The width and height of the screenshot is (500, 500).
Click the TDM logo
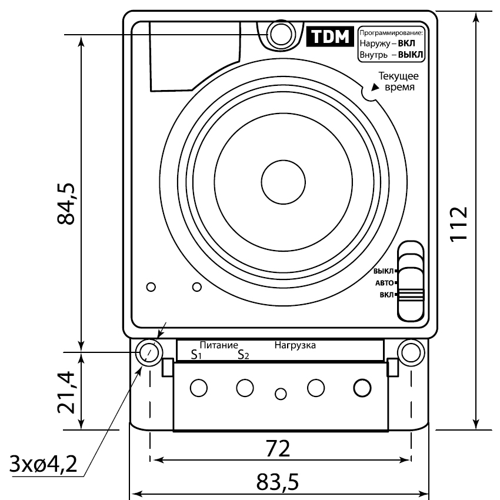330,36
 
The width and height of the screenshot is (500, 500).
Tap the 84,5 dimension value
66,204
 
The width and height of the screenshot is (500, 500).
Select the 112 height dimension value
459,224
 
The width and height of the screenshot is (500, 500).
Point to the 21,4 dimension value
66,392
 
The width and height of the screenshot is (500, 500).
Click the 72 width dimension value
278,449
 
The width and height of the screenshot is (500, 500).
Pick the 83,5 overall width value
278,482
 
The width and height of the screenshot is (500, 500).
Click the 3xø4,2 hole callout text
44,464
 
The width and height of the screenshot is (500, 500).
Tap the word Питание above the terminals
219,345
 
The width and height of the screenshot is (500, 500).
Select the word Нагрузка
295,345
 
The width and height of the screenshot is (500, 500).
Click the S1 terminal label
196,355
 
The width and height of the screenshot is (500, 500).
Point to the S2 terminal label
244,355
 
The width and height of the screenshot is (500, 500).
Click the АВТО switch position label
384,283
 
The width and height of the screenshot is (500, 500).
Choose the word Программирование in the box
391,33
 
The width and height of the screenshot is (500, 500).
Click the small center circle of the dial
283,182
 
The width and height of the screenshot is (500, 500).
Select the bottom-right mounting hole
411,353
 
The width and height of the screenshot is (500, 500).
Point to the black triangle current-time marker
375,87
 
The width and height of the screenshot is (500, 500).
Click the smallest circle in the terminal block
281,394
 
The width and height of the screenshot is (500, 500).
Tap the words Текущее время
399,81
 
